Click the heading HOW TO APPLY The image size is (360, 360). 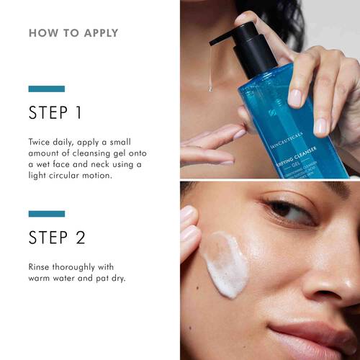pyautogui.click(x=73, y=33)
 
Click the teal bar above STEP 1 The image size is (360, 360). pyautogui.click(x=46, y=89)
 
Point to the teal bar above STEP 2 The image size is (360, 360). pyautogui.click(x=46, y=214)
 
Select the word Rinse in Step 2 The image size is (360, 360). pyautogui.click(x=41, y=266)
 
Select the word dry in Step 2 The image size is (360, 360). pyautogui.click(x=121, y=277)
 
